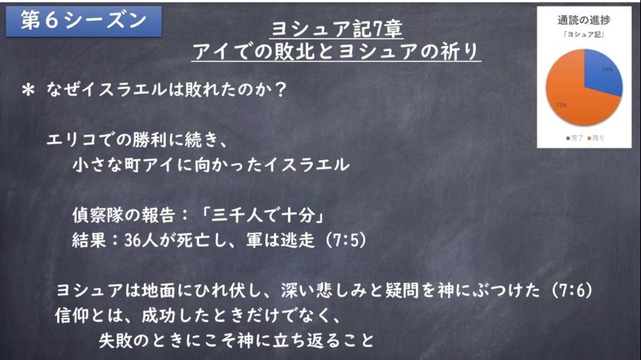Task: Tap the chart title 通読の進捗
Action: [x=584, y=20]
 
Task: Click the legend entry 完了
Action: [x=575, y=138]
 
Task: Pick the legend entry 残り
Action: [x=596, y=138]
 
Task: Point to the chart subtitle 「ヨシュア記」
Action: [x=584, y=35]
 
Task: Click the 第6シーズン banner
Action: [x=84, y=21]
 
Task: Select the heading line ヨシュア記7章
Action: [x=337, y=29]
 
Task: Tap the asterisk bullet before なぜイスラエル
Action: [x=28, y=90]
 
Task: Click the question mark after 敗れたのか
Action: [x=280, y=90]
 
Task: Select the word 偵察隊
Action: [x=97, y=215]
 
